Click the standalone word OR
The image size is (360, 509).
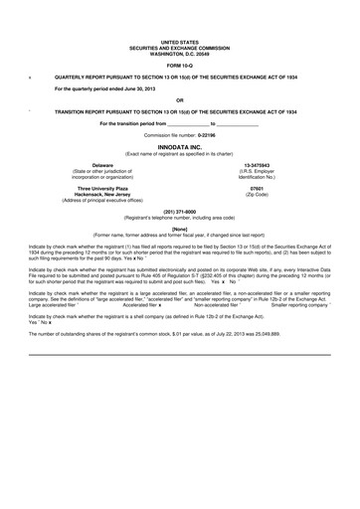[x=180, y=99]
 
